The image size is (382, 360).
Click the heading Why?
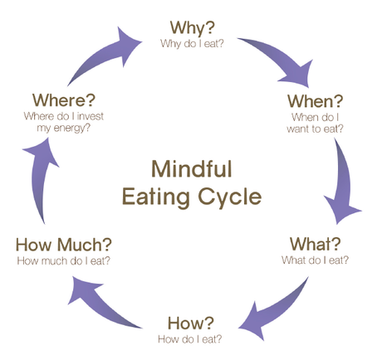pyautogui.click(x=192, y=27)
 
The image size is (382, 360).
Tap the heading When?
pyautogui.click(x=315, y=101)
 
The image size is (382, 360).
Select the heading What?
pyautogui.click(x=315, y=245)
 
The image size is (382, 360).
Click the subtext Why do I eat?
pyautogui.click(x=193, y=42)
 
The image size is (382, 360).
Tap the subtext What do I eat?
pyautogui.click(x=315, y=260)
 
